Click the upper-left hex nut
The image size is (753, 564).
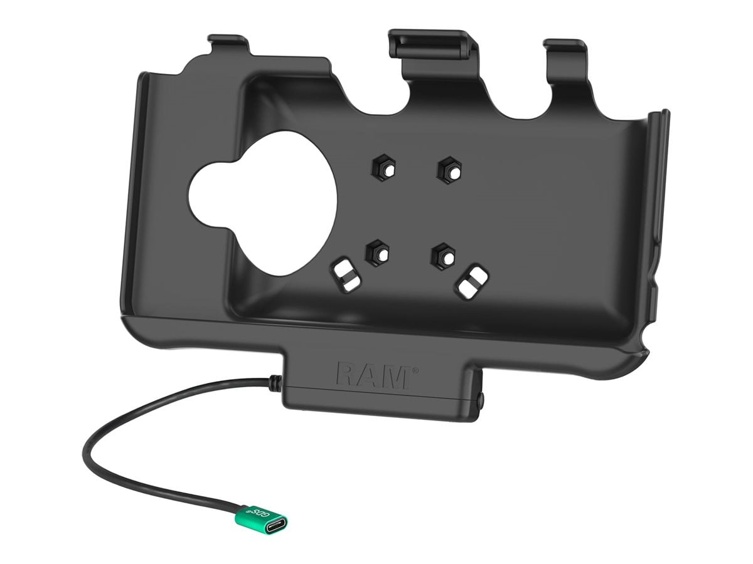tap(384, 168)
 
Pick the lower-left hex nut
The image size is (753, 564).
tap(377, 253)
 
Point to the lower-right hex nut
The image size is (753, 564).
tap(444, 256)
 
